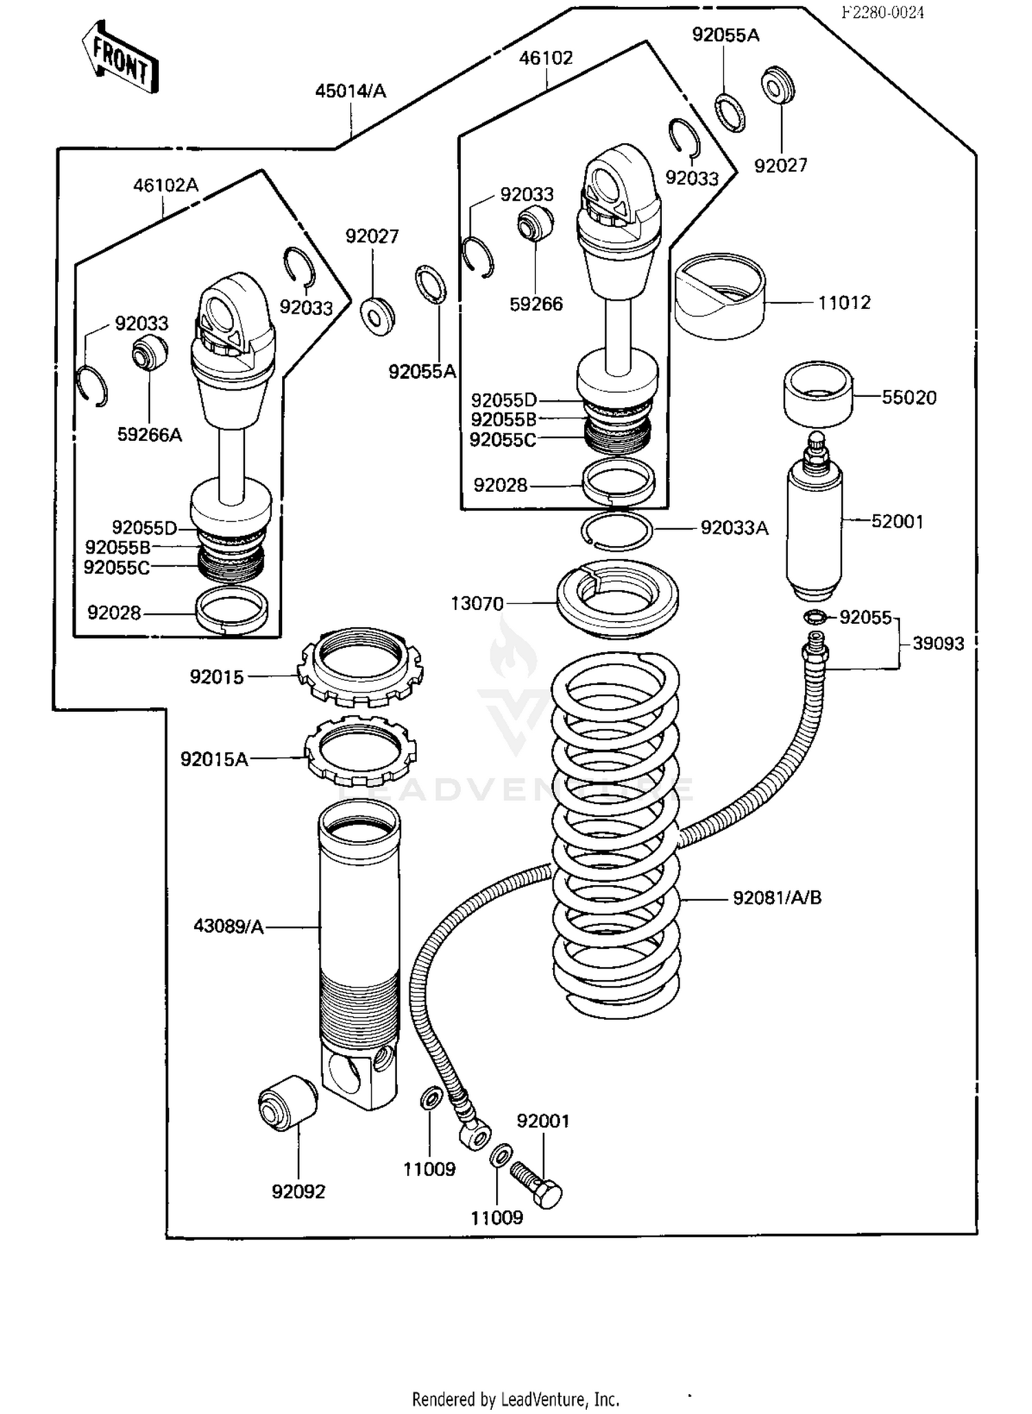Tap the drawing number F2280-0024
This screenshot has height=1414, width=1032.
click(x=883, y=12)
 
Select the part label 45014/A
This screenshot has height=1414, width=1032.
click(x=350, y=91)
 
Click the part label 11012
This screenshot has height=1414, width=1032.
click(x=843, y=303)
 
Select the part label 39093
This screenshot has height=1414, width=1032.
click(x=938, y=644)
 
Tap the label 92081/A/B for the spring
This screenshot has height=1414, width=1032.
click(x=777, y=898)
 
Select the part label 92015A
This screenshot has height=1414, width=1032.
click(x=213, y=759)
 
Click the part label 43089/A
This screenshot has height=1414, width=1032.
click(x=228, y=926)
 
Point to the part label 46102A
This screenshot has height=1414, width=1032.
click(x=165, y=185)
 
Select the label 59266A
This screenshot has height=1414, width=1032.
click(x=149, y=435)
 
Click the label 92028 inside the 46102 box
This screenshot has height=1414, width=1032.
click(x=500, y=486)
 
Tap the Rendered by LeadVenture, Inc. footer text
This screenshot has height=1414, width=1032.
click(x=515, y=1399)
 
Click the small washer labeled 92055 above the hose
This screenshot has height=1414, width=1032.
click(x=813, y=617)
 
